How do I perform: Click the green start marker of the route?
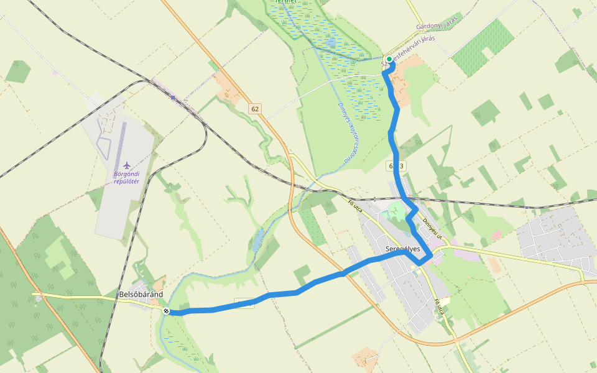(389, 59)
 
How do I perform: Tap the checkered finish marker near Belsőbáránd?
(166, 311)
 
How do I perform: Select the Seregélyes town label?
(403, 249)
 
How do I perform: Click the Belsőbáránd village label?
(141, 294)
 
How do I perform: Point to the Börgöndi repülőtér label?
(127, 177)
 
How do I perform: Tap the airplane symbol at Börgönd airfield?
(127, 165)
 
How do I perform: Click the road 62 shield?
(255, 109)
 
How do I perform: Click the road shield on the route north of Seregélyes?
(397, 166)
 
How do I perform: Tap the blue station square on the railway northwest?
(173, 98)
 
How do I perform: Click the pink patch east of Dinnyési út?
(496, 236)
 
